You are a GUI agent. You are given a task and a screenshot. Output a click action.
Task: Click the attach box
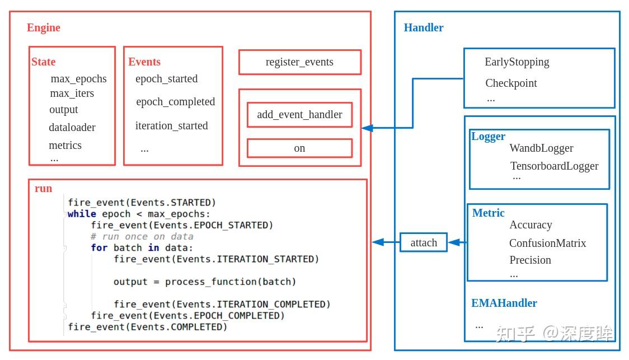point(423,242)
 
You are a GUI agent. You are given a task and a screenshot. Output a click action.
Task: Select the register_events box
point(299,62)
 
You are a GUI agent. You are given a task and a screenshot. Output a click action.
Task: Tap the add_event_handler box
point(299,115)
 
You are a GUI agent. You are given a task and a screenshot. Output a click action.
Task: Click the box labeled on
point(299,148)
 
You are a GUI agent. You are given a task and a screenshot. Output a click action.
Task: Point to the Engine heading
point(44,27)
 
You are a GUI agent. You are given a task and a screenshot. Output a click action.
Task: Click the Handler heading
point(424,27)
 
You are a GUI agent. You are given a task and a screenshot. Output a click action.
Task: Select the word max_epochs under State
point(78,78)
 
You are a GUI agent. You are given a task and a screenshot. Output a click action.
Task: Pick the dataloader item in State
point(72,127)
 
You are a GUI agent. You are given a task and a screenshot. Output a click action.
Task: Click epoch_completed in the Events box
point(175,101)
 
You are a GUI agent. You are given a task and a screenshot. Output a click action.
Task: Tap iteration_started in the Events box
point(171,125)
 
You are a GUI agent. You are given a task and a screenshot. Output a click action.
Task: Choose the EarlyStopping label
point(517,62)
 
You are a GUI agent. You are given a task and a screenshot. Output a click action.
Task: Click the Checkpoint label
point(511,83)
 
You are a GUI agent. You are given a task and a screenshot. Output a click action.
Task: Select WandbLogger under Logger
point(541,148)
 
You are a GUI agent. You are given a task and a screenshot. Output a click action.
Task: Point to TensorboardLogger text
point(554,166)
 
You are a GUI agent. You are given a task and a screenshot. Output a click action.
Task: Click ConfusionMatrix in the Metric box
point(547,243)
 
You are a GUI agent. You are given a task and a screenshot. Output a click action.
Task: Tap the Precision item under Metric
point(530,260)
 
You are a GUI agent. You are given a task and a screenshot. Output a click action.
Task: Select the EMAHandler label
point(504,303)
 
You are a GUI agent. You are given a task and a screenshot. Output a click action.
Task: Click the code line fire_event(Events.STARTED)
point(142,202)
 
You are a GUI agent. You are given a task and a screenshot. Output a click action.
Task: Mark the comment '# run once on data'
point(142,236)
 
